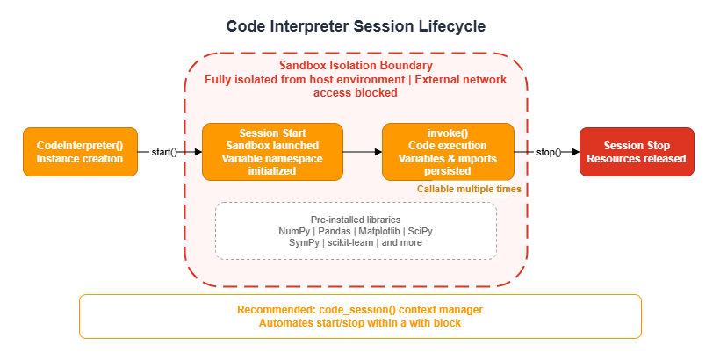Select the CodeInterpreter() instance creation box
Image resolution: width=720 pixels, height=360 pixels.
(x=81, y=152)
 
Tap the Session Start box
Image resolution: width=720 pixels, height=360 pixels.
(x=272, y=152)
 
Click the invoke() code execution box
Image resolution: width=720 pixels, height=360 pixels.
(x=448, y=152)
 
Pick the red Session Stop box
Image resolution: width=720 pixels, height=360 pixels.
(x=637, y=152)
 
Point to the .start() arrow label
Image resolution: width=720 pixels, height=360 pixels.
(x=164, y=152)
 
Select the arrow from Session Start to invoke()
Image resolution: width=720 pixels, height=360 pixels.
(x=362, y=152)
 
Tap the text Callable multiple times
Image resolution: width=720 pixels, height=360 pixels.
(x=468, y=189)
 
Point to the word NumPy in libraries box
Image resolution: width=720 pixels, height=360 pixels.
(x=293, y=230)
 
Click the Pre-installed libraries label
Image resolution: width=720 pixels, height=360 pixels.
(x=356, y=219)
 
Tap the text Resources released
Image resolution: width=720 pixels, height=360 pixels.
(x=637, y=159)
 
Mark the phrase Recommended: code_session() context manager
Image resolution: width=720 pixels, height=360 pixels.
(x=360, y=310)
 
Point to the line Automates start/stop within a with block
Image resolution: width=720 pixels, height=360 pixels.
(x=360, y=323)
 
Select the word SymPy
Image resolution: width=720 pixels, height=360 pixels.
(x=305, y=242)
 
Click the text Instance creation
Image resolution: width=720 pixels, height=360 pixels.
(x=81, y=159)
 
